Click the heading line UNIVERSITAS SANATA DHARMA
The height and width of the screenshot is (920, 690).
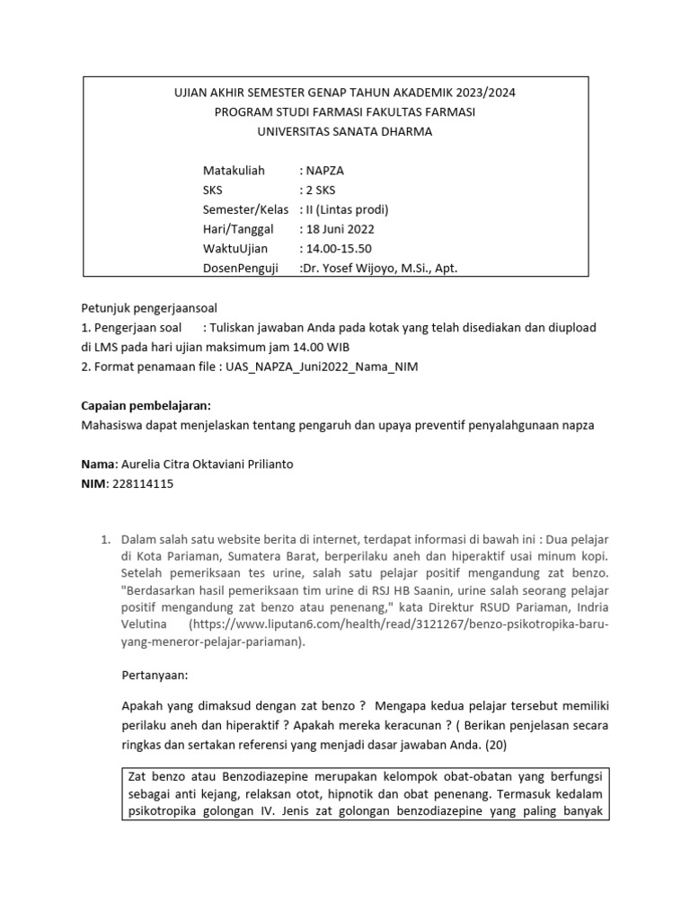pyautogui.click(x=344, y=131)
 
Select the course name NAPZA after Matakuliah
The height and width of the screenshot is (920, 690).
pyautogui.click(x=325, y=170)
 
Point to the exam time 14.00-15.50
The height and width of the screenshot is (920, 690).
pyautogui.click(x=340, y=248)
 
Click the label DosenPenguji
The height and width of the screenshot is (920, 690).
pyautogui.click(x=241, y=268)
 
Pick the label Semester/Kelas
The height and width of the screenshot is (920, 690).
pyautogui.click(x=245, y=209)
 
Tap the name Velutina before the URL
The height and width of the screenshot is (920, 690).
pyautogui.click(x=146, y=623)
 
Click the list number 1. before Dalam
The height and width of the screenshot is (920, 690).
pyautogui.click(x=105, y=539)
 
